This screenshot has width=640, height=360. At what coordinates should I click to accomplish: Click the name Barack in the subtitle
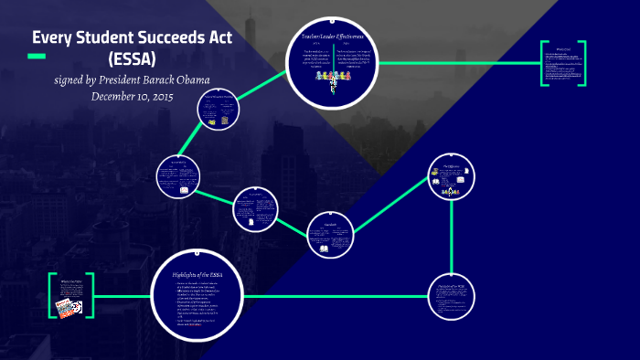166,79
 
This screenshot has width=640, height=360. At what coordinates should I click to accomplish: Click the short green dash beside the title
37,57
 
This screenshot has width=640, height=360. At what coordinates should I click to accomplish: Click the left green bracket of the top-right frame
542,63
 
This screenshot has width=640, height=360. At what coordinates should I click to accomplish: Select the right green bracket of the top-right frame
582,63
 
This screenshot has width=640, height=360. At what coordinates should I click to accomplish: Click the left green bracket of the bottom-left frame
51,296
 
